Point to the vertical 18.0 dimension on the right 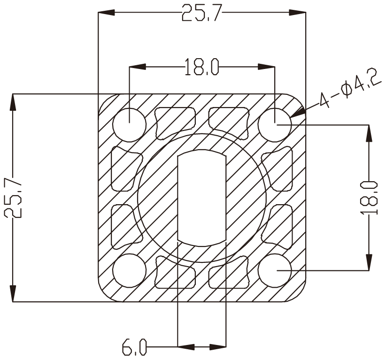click(x=370, y=197)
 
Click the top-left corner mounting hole click(x=130, y=125)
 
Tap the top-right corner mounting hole click(x=275, y=125)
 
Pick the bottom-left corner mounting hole click(x=130, y=270)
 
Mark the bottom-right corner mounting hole click(x=275, y=270)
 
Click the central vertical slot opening click(x=202, y=197)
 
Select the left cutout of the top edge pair click(x=175, y=122)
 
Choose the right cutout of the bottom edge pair click(x=229, y=273)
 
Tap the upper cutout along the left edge click(x=126, y=169)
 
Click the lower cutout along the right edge click(x=278, y=226)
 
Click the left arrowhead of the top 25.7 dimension click(x=106, y=13)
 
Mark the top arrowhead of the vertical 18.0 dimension click(x=370, y=133)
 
